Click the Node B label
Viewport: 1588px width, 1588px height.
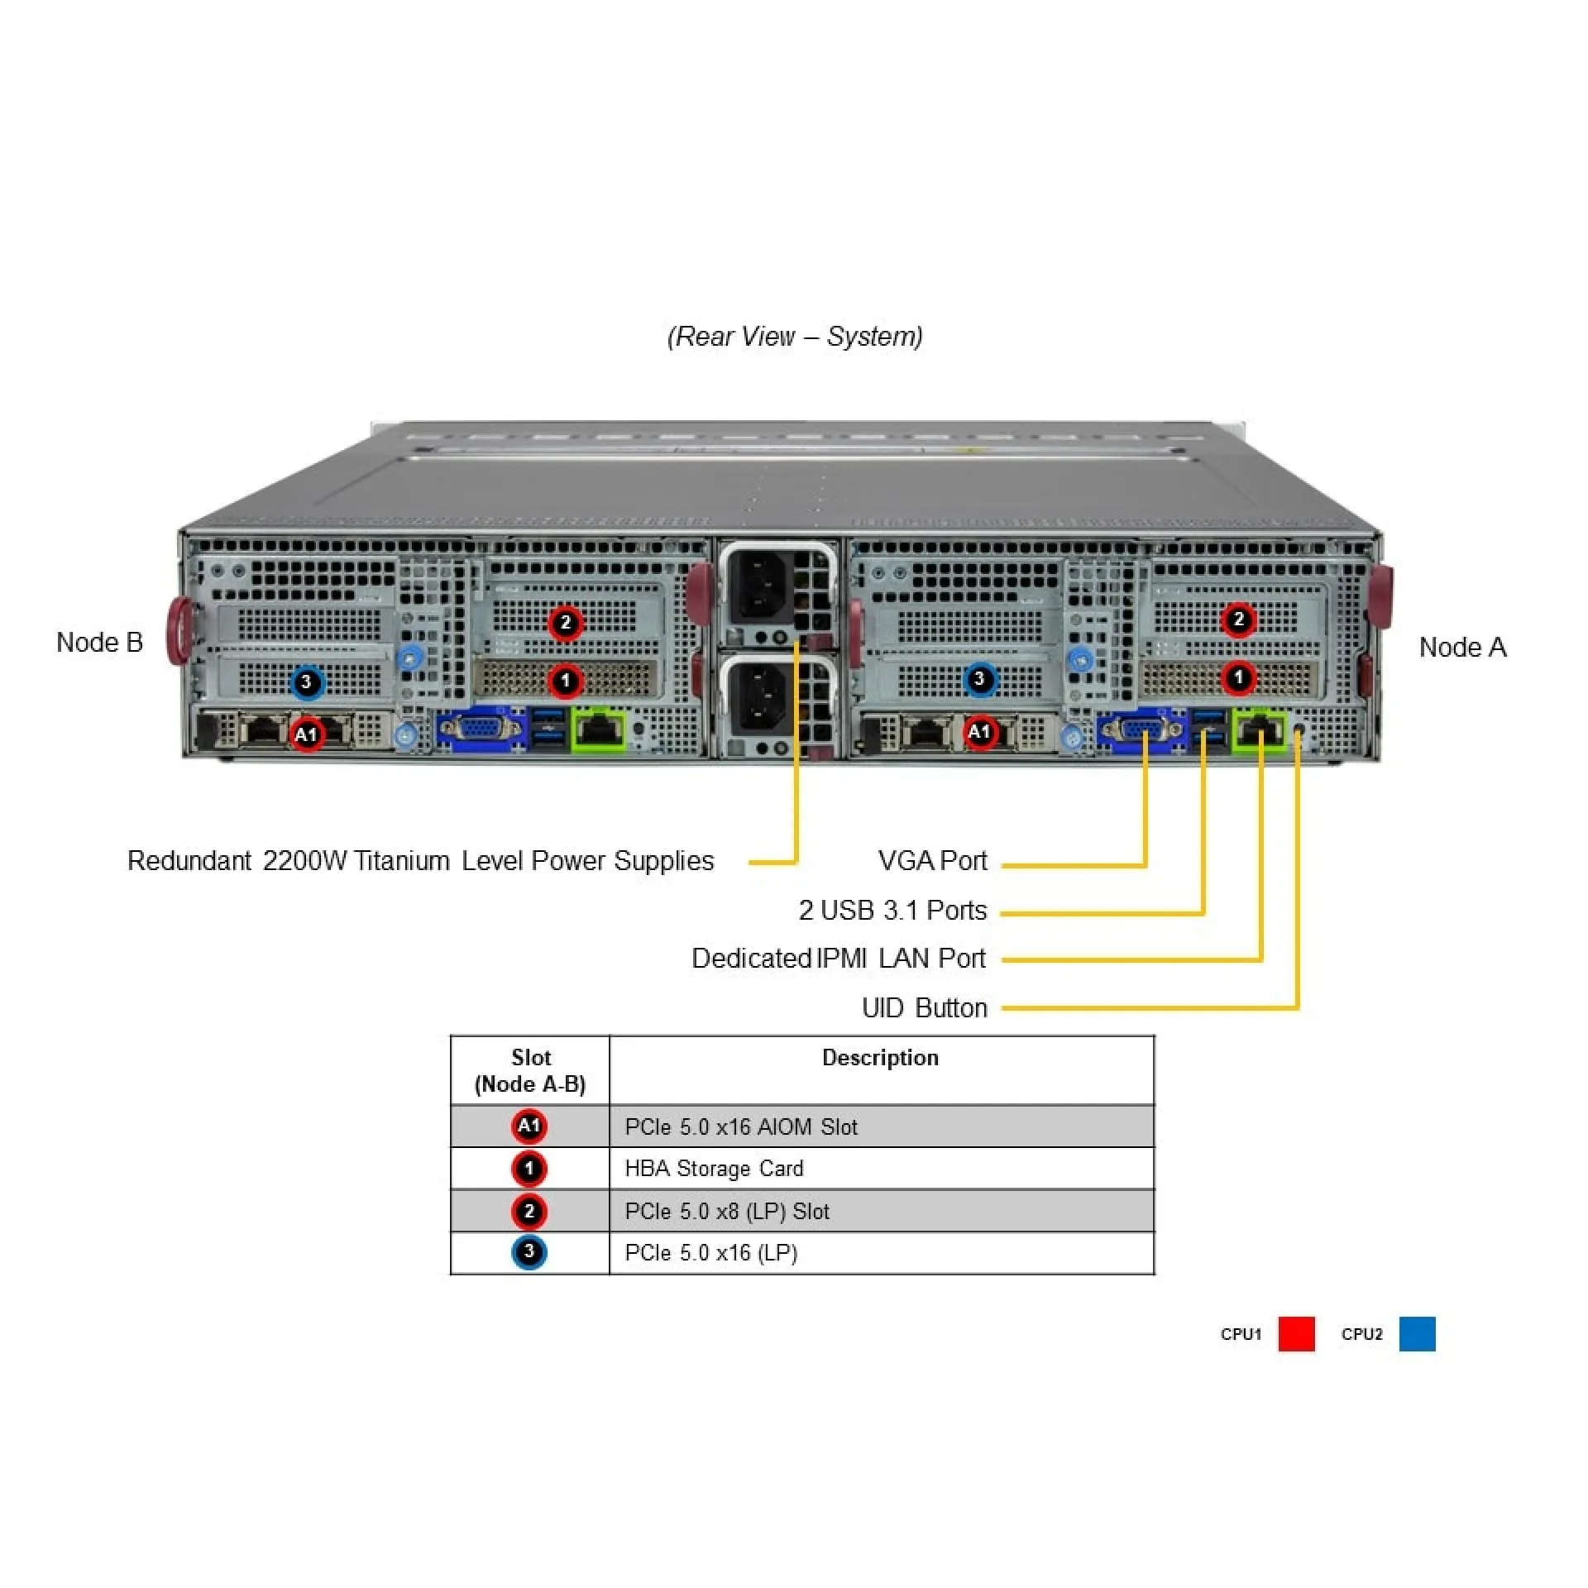point(99,643)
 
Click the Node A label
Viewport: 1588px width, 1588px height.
point(1462,648)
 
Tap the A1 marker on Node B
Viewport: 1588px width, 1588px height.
point(306,734)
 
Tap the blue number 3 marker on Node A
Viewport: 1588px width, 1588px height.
point(979,679)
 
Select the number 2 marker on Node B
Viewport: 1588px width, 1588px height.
point(565,622)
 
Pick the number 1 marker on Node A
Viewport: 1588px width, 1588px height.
point(1238,677)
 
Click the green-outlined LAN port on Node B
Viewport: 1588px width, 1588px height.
point(599,729)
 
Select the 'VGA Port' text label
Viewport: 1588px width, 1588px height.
point(932,861)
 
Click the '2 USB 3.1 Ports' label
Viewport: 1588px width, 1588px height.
point(892,910)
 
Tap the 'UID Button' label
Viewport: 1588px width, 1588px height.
point(924,1007)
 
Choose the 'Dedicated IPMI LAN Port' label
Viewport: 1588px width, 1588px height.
point(838,959)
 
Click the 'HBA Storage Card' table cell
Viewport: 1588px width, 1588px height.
point(714,1169)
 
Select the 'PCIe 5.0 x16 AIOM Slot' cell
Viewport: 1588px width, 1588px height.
point(741,1126)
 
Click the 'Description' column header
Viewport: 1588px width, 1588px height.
point(880,1058)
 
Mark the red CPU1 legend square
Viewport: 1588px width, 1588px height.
point(1296,1334)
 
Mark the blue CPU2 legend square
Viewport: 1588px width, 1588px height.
point(1417,1334)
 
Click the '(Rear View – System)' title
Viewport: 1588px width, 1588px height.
point(795,337)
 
